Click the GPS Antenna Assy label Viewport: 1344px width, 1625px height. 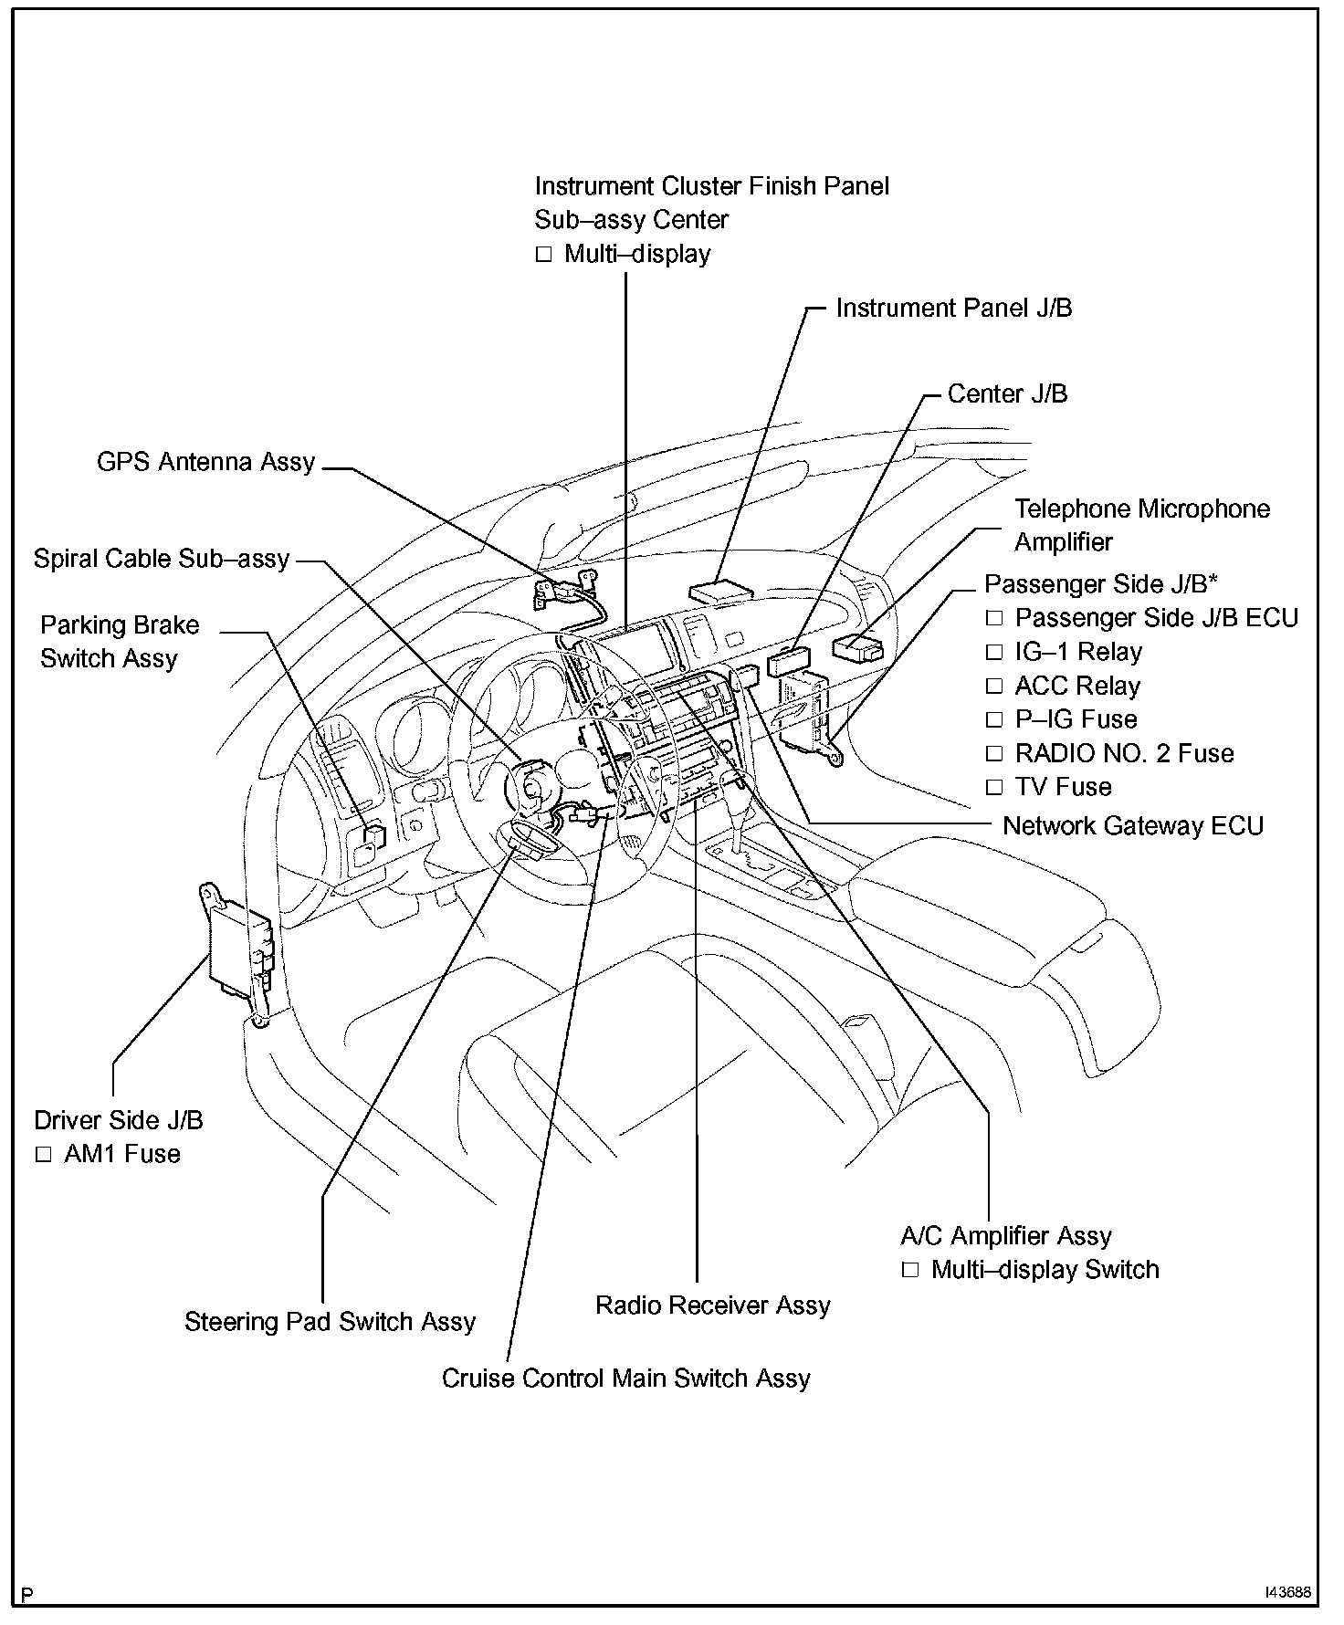[205, 462]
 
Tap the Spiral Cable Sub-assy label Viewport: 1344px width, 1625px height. [162, 559]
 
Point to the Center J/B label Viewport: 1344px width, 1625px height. [1007, 394]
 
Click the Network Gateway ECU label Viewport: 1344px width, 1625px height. [1132, 826]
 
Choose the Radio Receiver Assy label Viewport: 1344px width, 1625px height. [712, 1305]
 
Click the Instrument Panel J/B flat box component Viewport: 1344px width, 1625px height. [721, 591]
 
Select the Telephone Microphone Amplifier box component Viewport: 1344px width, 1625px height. [857, 648]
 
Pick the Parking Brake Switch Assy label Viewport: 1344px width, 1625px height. [119, 642]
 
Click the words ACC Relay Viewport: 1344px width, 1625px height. [1077, 687]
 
